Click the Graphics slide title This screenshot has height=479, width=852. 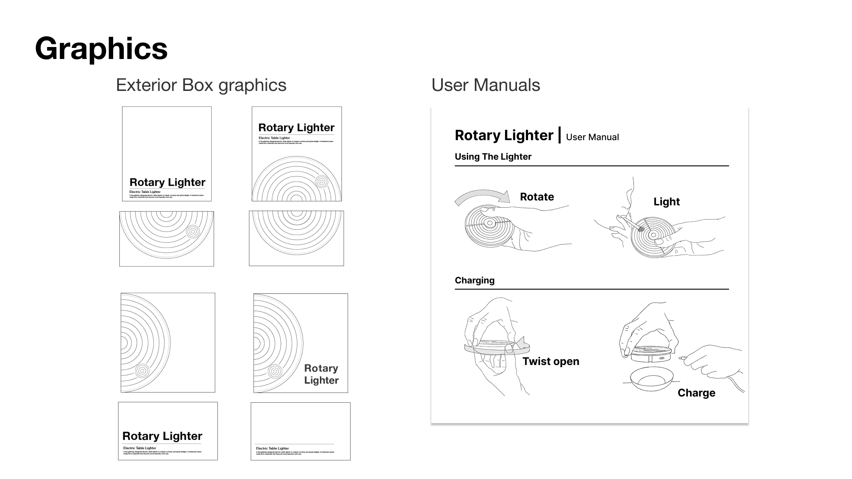(101, 48)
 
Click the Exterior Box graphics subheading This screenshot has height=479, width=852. (201, 85)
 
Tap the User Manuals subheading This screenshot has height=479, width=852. (485, 85)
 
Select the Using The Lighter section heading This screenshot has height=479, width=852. (493, 157)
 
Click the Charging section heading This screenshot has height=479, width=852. (474, 280)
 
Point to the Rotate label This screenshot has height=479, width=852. (537, 197)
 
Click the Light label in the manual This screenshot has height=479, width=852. (667, 202)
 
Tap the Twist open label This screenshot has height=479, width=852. (551, 361)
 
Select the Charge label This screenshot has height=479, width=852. (696, 393)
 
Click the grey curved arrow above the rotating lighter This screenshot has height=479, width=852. (482, 196)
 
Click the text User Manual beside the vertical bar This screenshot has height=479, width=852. (592, 137)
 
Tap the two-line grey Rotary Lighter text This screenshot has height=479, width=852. (321, 374)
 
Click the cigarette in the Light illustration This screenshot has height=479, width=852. (632, 224)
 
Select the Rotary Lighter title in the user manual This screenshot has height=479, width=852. (504, 135)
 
